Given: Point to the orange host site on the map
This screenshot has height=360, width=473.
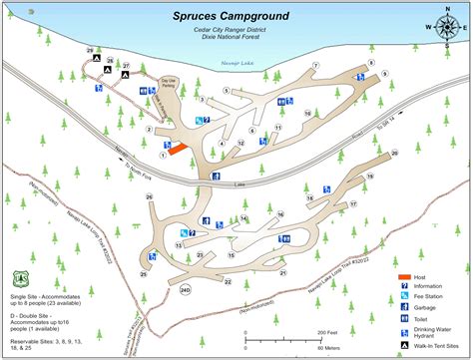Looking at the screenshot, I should coord(178,150).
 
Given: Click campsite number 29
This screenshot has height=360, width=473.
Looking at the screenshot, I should coord(90,49).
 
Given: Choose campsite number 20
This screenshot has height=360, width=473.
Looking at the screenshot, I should coord(394,153).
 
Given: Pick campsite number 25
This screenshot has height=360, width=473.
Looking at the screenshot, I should coord(144,274).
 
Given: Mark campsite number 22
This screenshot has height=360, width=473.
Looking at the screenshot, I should coord(228,282).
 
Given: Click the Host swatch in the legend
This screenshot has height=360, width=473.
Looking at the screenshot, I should coord(404,276).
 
